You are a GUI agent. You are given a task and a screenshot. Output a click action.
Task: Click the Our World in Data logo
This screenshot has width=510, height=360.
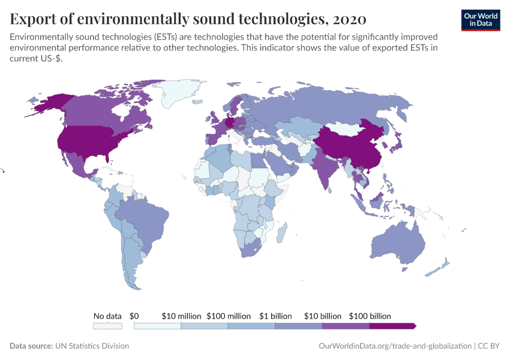(x=481, y=19)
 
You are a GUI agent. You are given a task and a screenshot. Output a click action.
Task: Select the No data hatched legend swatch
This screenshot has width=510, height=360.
(x=107, y=326)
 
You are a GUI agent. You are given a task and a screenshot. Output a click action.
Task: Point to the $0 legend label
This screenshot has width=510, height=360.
(x=134, y=316)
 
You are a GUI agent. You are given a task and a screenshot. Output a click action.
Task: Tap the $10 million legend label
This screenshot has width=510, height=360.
(x=181, y=316)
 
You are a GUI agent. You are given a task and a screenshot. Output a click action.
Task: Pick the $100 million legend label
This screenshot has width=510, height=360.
(x=229, y=316)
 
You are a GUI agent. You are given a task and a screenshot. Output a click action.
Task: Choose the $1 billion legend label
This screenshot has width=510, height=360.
(x=275, y=316)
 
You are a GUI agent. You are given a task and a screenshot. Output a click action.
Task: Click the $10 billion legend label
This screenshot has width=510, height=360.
(x=322, y=316)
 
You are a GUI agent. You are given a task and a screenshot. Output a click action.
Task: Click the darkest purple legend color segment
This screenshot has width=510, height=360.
(x=391, y=326)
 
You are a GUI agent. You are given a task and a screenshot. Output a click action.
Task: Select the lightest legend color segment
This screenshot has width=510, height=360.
(x=157, y=326)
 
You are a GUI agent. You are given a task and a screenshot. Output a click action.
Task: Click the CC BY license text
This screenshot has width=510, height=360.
(x=488, y=346)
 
